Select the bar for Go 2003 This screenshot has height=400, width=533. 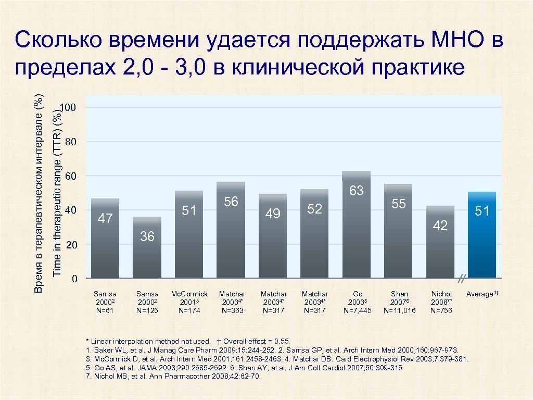point(357,234)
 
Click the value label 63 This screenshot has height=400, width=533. point(357,191)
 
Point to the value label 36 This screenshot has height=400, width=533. point(147,236)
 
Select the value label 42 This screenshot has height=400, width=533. point(440,225)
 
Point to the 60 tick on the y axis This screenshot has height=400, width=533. point(71,177)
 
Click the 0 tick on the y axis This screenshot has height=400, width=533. point(74,279)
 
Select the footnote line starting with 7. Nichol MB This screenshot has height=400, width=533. point(172,376)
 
